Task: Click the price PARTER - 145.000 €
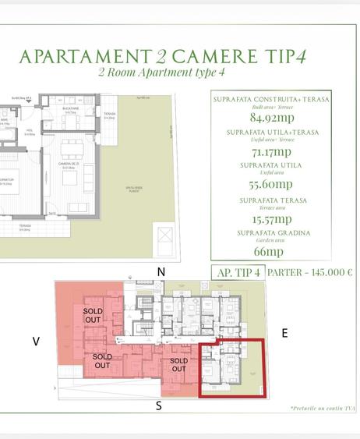pyautogui.click(x=309, y=273)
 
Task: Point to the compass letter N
pyautogui.click(x=161, y=271)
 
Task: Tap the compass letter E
pyautogui.click(x=284, y=333)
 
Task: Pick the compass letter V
pyautogui.click(x=36, y=341)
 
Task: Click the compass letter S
pyautogui.click(x=159, y=405)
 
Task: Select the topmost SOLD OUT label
pyautogui.click(x=93, y=315)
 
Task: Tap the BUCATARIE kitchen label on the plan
pyautogui.click(x=69, y=110)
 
